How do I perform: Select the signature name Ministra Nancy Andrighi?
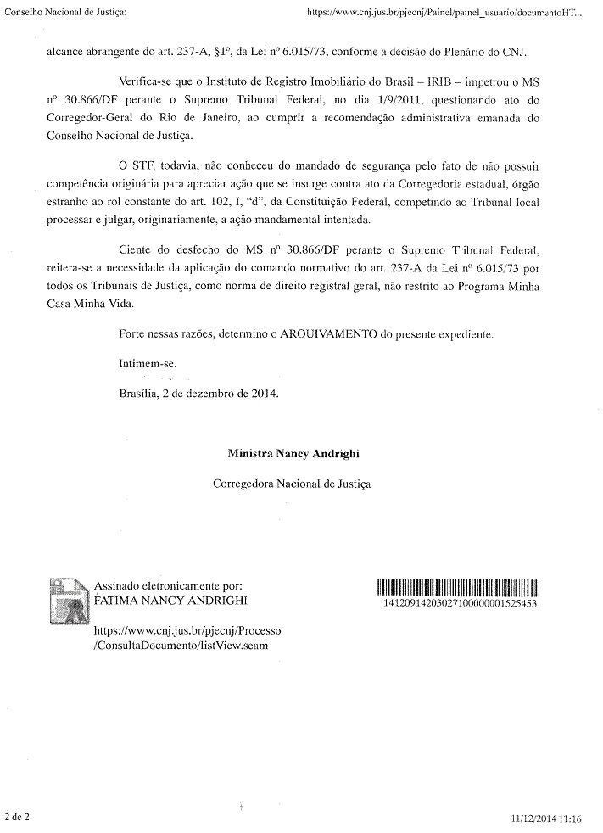point(293,453)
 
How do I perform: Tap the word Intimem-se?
point(148,363)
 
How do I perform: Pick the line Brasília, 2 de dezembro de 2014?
point(198,394)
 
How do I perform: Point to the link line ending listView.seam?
point(180,646)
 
